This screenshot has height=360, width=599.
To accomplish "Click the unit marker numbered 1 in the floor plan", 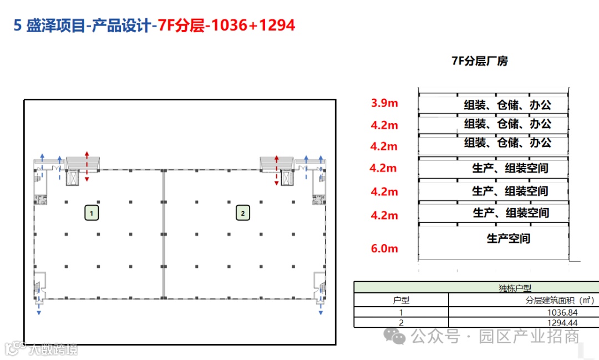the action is (92, 213).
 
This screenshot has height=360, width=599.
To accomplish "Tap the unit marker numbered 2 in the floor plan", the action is (243, 213).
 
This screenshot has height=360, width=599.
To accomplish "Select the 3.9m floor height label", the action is (384, 103).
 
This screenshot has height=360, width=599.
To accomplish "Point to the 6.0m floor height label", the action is (384, 249).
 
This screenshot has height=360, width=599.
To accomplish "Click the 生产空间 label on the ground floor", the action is (509, 239).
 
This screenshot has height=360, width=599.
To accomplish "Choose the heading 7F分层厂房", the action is (480, 61).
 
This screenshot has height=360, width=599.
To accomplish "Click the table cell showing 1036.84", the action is (562, 312).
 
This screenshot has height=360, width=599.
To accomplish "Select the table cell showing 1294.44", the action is (562, 322).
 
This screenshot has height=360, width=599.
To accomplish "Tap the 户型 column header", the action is (401, 300).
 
